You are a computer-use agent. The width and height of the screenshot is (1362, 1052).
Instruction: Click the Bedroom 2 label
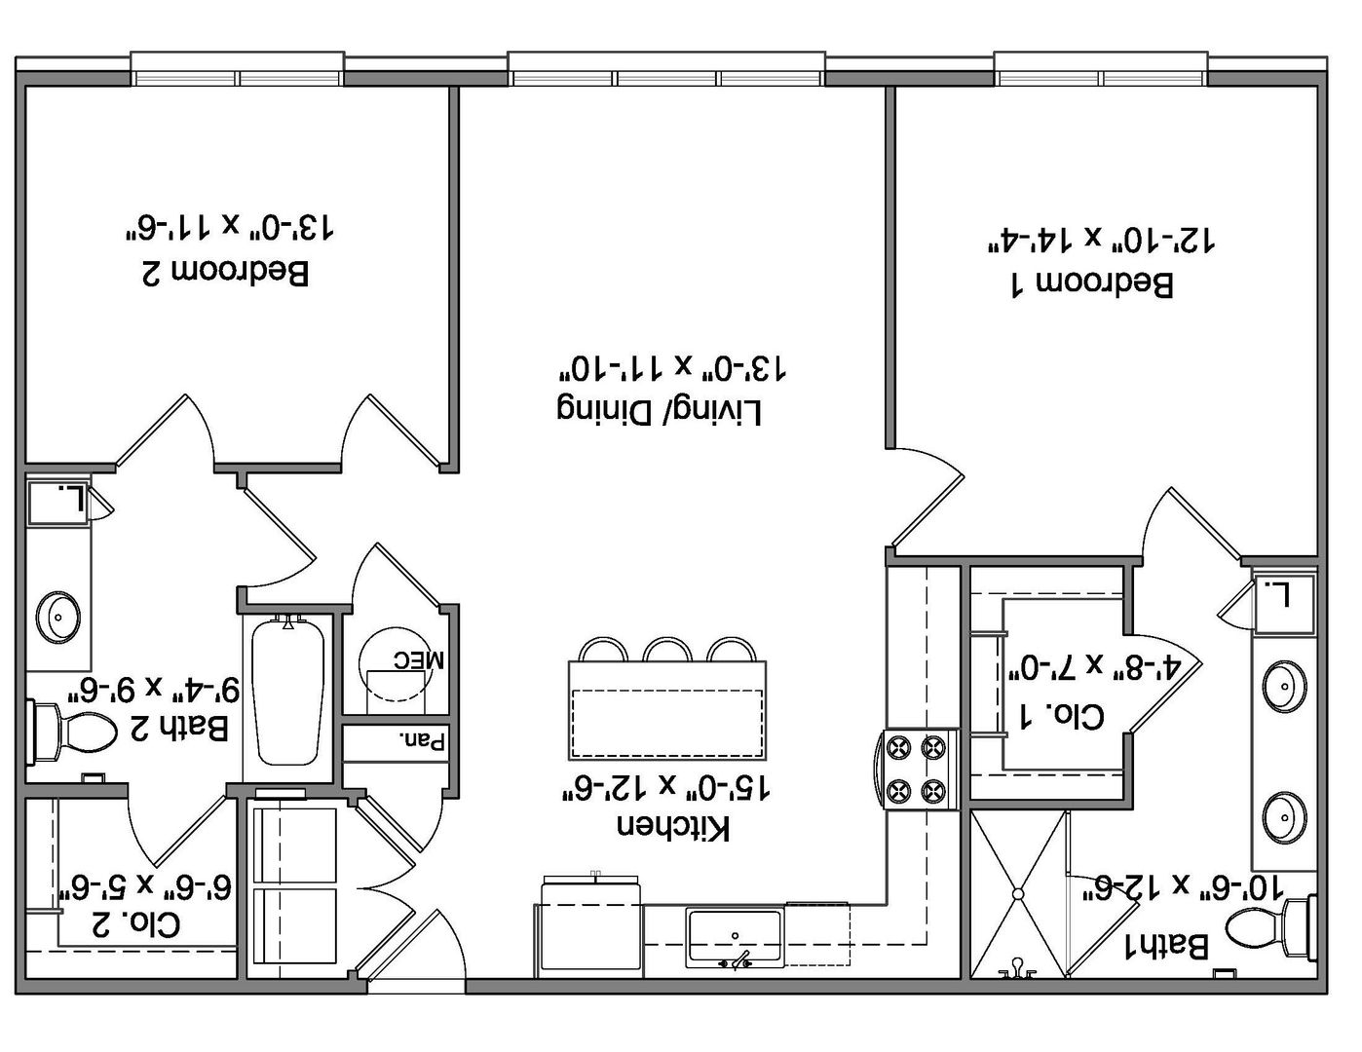pyautogui.click(x=225, y=273)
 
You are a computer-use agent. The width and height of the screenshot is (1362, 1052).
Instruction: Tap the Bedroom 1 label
pyautogui.click(x=1092, y=283)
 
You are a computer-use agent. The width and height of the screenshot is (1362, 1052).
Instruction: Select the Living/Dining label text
pyautogui.click(x=660, y=411)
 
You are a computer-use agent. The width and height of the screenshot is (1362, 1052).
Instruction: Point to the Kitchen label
pyautogui.click(x=674, y=827)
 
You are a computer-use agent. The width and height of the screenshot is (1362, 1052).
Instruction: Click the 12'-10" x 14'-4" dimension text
pyautogui.click(x=1101, y=240)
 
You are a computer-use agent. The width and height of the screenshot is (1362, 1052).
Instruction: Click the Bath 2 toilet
pyautogui.click(x=73, y=732)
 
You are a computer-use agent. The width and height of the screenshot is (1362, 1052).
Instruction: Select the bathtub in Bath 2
pyautogui.click(x=287, y=691)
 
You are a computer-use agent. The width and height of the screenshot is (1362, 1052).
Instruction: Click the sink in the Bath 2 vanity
pyautogui.click(x=57, y=617)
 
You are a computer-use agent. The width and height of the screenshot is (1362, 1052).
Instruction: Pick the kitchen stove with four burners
pyautogui.click(x=920, y=770)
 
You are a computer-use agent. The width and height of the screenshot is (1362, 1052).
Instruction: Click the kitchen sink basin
pyautogui.click(x=735, y=937)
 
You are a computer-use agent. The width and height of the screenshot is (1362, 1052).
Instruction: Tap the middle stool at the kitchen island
pyautogui.click(x=667, y=649)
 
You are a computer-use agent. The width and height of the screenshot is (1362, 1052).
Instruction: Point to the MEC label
pyautogui.click(x=419, y=659)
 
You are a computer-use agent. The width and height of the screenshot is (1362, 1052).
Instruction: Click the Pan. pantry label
pyautogui.click(x=423, y=742)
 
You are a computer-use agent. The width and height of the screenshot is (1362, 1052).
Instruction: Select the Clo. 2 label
pyautogui.click(x=135, y=924)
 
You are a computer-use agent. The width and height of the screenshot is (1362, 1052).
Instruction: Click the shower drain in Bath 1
pyautogui.click(x=1018, y=893)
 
